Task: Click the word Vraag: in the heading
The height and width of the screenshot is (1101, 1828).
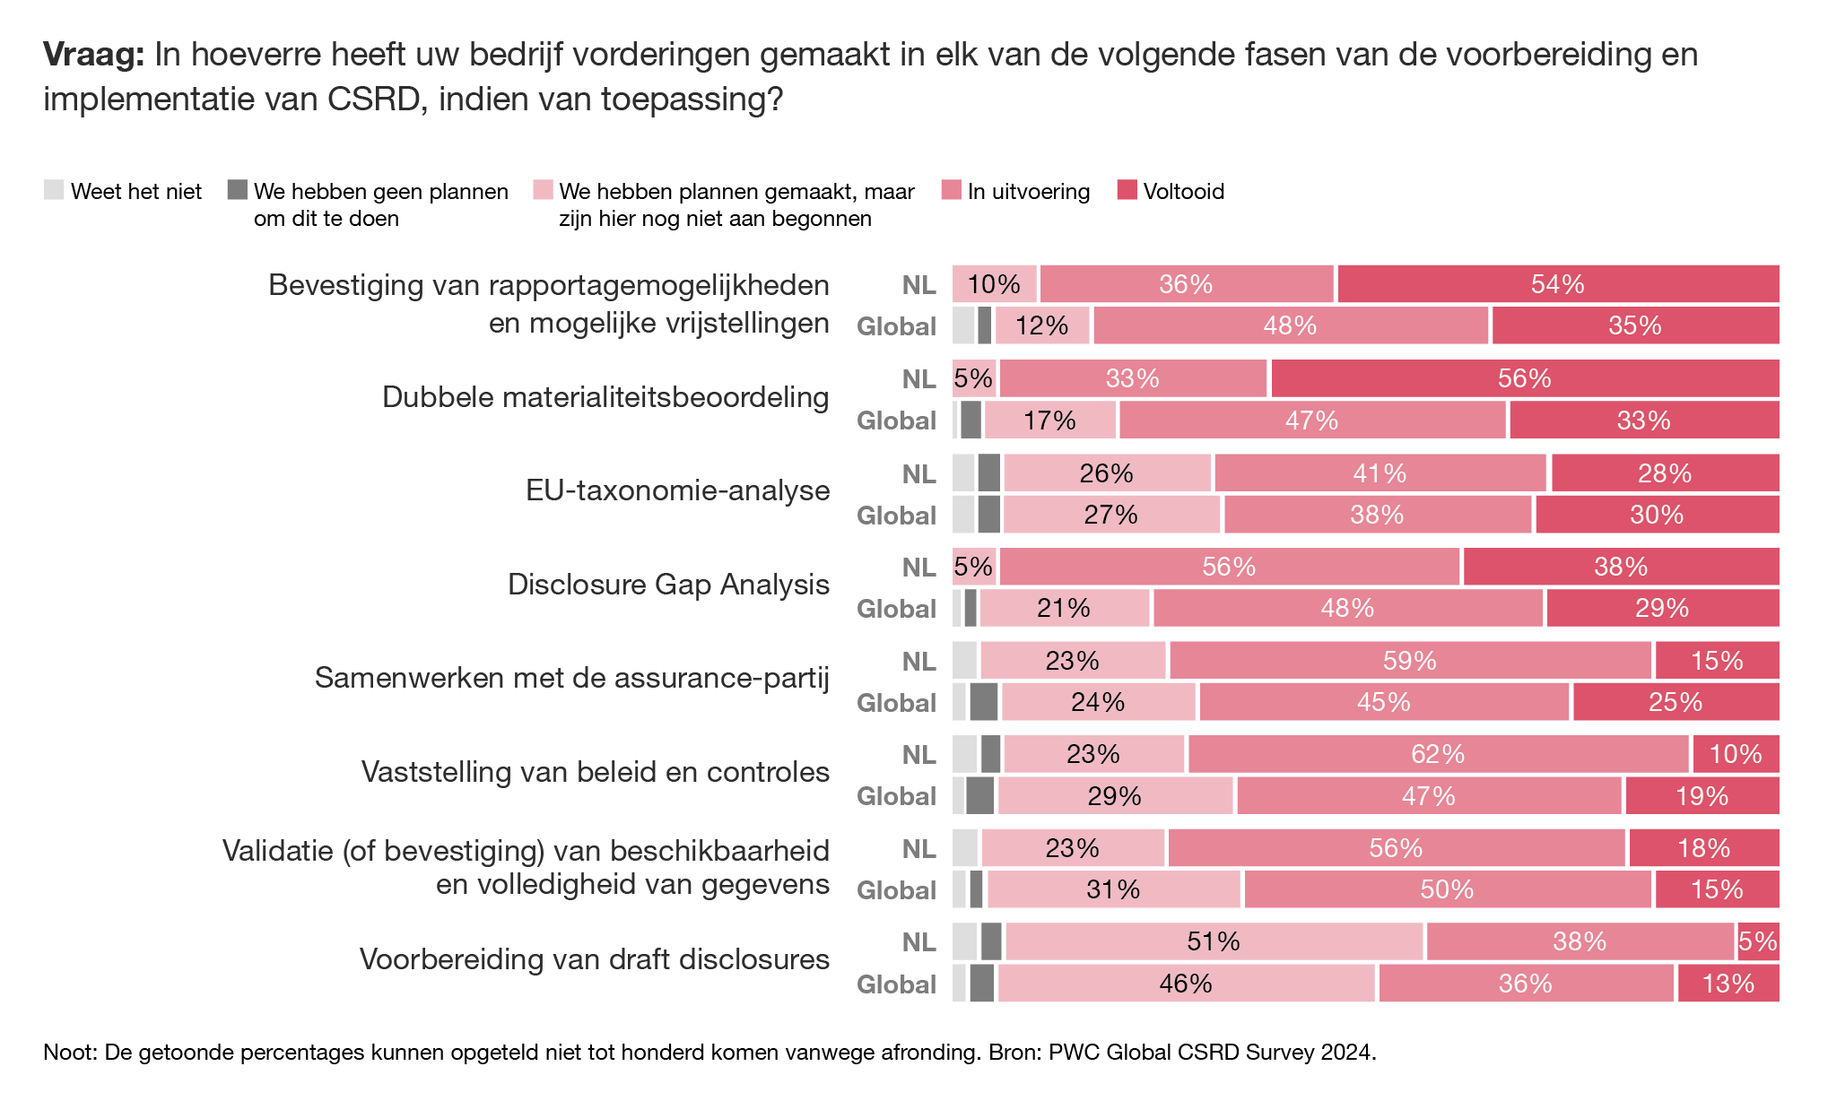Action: tap(93, 55)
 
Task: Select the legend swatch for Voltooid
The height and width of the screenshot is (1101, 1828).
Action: tap(1127, 190)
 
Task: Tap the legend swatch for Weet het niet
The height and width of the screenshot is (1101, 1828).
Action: tap(54, 190)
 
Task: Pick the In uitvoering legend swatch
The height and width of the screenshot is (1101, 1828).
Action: tap(951, 190)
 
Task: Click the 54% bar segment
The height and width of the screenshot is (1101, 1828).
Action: tap(1558, 284)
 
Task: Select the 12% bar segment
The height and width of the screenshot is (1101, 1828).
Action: tap(1042, 325)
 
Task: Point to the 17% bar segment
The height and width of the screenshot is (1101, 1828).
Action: tap(1049, 420)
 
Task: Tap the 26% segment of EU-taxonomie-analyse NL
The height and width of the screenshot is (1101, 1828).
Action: tap(1107, 473)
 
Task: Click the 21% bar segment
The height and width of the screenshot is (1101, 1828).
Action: tap(1064, 608)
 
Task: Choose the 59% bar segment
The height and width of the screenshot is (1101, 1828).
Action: tap(1410, 661)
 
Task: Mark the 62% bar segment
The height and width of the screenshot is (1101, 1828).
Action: tap(1438, 754)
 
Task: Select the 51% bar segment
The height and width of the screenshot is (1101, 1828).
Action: tap(1214, 941)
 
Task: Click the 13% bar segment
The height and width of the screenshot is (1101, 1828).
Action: tap(1728, 984)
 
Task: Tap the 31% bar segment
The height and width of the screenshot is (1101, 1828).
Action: tap(1113, 889)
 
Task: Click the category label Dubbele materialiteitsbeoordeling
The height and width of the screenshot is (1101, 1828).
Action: tap(605, 396)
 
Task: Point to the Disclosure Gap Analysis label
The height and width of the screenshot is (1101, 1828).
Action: tap(668, 584)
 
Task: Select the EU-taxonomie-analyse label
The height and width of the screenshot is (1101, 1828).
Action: tap(677, 490)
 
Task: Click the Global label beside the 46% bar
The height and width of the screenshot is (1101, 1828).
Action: tap(896, 984)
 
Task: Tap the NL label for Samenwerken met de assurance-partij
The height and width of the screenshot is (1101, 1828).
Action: tap(918, 662)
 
